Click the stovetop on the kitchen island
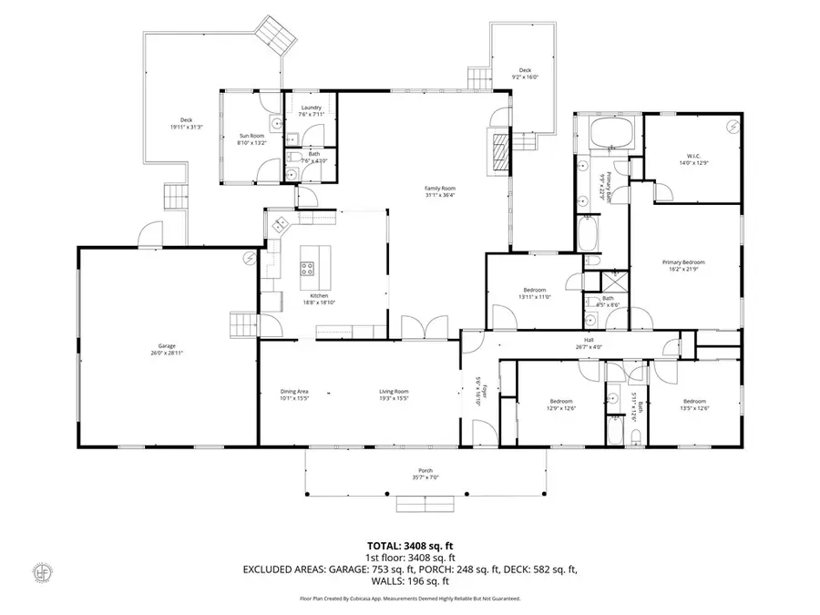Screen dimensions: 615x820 [308, 269]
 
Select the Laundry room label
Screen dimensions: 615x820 [311, 108]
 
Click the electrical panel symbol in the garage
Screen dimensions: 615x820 [250, 259]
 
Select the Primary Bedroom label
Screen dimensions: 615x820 [682, 262]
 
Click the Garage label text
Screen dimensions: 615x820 [166, 345]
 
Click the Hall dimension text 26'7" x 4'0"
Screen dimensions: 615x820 [583, 347]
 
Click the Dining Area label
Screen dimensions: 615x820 [294, 392]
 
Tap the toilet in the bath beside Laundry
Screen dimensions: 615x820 [291, 177]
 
